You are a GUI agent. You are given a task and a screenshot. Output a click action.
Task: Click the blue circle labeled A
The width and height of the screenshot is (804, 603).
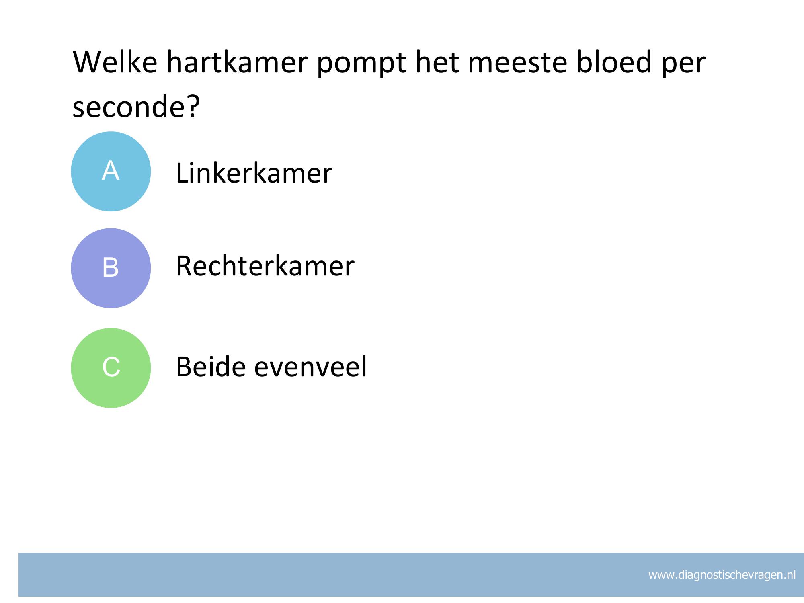(x=111, y=172)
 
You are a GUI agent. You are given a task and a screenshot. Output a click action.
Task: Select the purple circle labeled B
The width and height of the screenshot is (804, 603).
(x=111, y=268)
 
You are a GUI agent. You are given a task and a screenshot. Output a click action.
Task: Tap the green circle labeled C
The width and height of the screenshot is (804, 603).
(x=111, y=368)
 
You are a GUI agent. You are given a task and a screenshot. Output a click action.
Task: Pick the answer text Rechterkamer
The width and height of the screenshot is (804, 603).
(x=265, y=266)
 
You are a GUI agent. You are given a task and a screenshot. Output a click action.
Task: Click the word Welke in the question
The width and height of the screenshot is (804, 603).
(x=115, y=62)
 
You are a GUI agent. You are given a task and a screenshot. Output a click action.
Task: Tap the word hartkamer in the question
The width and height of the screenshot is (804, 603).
(x=237, y=62)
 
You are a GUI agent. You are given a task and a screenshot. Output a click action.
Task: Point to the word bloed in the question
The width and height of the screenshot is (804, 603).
(x=613, y=62)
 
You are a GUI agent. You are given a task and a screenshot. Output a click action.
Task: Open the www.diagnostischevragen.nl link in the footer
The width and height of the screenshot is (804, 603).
(x=722, y=575)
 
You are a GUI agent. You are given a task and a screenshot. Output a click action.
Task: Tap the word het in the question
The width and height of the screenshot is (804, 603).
(x=437, y=62)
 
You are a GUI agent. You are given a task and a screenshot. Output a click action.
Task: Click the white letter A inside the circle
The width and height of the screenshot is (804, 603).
(x=111, y=170)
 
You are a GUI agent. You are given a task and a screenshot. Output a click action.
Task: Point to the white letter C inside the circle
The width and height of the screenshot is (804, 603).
(x=111, y=367)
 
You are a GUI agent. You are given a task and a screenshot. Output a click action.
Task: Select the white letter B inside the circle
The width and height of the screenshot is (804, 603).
(x=111, y=267)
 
